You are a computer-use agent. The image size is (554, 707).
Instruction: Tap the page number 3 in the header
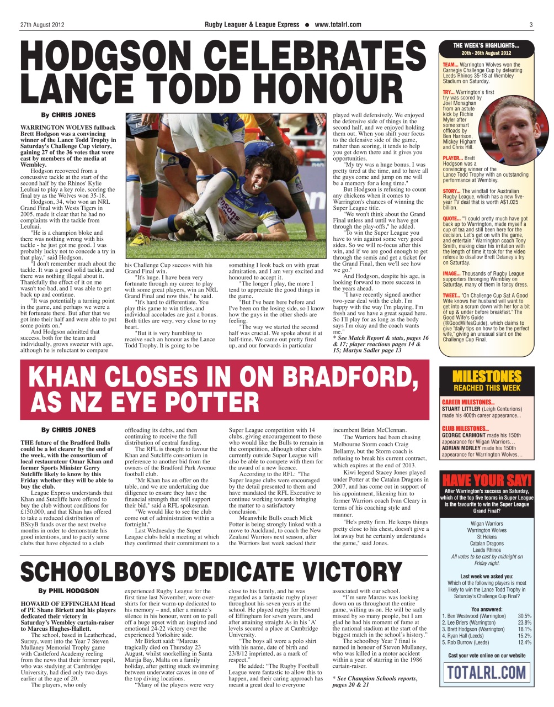[x=531, y=24]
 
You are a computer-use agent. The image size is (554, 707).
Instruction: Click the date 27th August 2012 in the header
[x=42, y=24]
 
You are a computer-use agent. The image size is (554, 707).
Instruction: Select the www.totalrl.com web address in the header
[x=338, y=24]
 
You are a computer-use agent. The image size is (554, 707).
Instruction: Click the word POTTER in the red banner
[x=212, y=402]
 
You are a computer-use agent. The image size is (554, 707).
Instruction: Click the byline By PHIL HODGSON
[x=68, y=591]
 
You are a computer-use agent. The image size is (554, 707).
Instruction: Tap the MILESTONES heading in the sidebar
[x=487, y=377]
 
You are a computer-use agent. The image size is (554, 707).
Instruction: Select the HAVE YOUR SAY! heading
[x=487, y=479]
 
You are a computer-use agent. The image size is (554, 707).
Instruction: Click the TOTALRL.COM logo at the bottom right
[x=486, y=672]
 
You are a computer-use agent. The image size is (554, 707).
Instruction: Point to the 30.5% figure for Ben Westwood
[x=525, y=616]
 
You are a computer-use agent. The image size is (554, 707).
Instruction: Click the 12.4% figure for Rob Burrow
[x=525, y=642]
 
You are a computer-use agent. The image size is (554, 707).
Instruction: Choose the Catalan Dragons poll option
[x=487, y=544]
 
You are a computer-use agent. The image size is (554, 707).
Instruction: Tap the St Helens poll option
[x=487, y=537]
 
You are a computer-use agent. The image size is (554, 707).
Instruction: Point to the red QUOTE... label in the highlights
[x=451, y=218]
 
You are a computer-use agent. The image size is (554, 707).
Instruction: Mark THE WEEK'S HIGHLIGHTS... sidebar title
[x=486, y=46]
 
